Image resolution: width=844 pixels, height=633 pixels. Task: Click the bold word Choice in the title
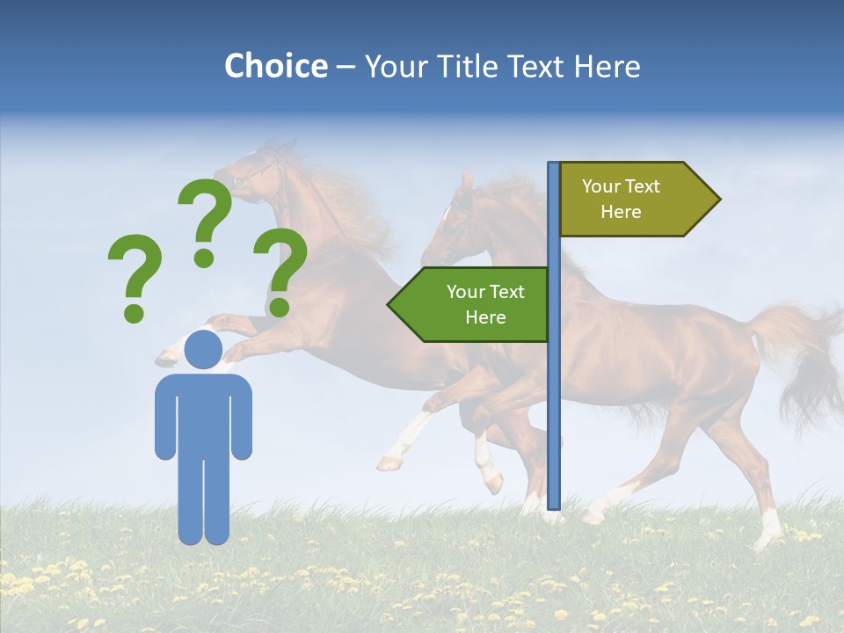click(275, 66)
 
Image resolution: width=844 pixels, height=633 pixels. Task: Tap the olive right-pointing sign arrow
click(633, 199)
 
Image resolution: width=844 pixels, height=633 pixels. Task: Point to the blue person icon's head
click(203, 349)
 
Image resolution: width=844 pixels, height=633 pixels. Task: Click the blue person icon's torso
click(203, 413)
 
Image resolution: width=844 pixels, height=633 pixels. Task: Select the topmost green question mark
click(207, 220)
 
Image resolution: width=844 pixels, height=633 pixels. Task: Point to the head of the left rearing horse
click(251, 171)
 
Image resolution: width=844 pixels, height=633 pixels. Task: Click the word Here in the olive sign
click(621, 212)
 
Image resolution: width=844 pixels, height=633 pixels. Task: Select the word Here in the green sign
click(485, 317)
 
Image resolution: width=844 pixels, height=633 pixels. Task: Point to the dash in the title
click(346, 67)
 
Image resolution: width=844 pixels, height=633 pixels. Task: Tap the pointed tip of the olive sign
click(717, 199)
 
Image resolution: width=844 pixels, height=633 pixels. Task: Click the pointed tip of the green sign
click(390, 304)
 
